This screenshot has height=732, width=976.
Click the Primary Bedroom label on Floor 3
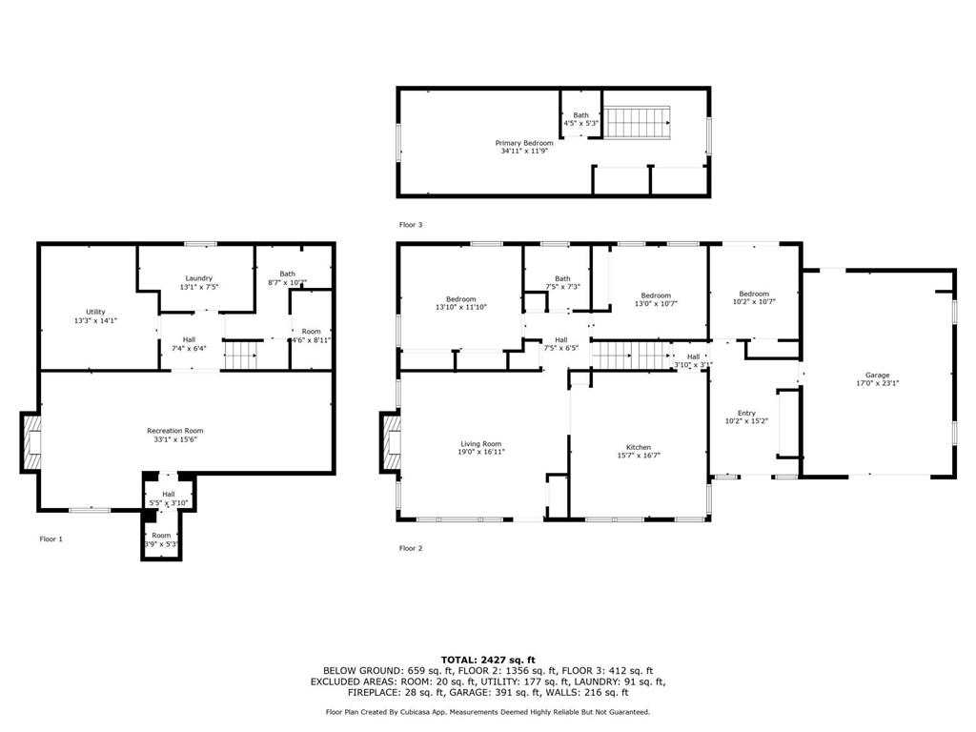point(525,143)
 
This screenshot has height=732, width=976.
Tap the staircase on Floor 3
point(639,122)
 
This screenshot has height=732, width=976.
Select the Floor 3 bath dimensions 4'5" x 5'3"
point(580,123)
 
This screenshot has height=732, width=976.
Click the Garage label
point(877,376)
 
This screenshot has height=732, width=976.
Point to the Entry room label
point(746,413)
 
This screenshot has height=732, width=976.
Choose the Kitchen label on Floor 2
point(639,447)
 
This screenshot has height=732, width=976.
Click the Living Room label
point(480,443)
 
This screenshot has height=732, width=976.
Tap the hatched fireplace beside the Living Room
point(391,441)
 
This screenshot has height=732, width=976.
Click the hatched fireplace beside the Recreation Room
point(31,442)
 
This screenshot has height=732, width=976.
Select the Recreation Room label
point(174,431)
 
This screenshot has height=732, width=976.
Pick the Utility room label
point(95,312)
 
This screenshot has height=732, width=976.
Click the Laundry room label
point(198,277)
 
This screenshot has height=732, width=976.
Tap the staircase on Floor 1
point(241,356)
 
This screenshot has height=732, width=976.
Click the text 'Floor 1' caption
point(51,539)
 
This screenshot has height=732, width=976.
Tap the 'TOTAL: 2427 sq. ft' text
point(488,660)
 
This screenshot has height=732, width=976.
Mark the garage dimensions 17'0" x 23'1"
point(877,383)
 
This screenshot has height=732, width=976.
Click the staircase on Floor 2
point(630,356)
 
